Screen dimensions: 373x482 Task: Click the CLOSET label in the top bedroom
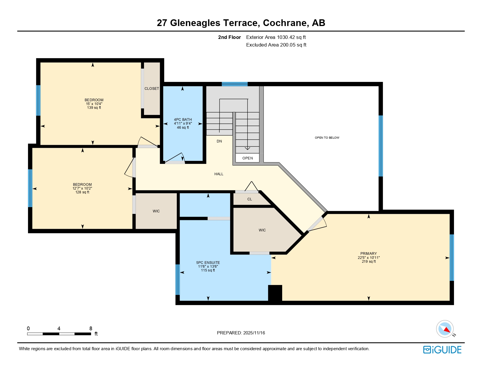[x=152, y=89]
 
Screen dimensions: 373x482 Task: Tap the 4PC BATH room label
[x=183, y=120]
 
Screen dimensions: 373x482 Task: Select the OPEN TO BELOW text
[x=327, y=138]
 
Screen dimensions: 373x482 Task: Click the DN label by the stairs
[x=219, y=141]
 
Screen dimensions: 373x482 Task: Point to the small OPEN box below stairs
[x=247, y=158]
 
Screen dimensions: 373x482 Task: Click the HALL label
[x=219, y=174]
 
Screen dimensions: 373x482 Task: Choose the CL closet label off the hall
[x=249, y=199]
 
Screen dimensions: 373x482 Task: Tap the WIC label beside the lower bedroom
[x=156, y=211]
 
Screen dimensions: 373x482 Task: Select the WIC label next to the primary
[x=262, y=230]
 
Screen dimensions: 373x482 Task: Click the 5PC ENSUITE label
[x=208, y=263]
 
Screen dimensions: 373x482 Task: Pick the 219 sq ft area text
[x=369, y=262]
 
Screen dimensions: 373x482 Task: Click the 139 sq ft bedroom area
[x=94, y=108]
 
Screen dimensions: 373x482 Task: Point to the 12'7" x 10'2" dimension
[x=82, y=188]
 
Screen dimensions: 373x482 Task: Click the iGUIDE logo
[x=442, y=350]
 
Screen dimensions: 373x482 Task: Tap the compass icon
[x=445, y=329]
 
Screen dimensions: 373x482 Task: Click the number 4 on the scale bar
[x=59, y=329]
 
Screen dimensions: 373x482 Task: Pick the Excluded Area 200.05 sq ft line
[x=276, y=45]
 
